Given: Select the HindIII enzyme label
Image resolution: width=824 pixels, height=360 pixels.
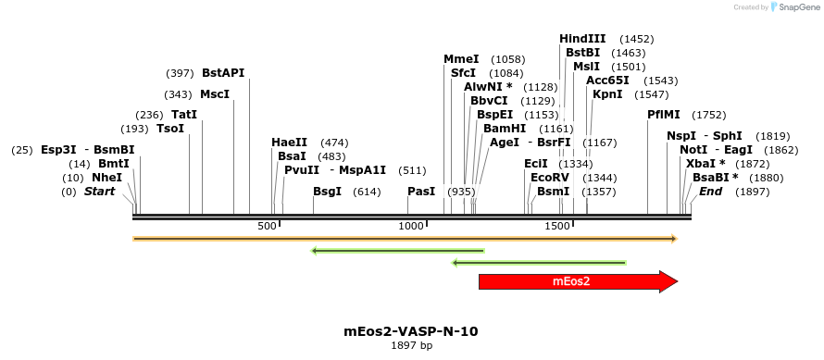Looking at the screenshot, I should click(x=582, y=39).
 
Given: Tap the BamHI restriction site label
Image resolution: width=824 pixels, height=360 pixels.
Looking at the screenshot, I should click(x=504, y=129).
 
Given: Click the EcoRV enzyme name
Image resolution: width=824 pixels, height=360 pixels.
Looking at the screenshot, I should click(x=549, y=177).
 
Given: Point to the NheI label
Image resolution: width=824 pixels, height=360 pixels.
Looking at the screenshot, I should click(x=106, y=178).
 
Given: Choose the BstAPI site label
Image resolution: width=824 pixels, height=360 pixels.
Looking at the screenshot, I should click(x=223, y=73).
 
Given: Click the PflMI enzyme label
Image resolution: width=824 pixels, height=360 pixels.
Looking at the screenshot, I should click(x=664, y=115).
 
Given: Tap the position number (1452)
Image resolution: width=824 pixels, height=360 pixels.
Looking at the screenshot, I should click(x=637, y=39).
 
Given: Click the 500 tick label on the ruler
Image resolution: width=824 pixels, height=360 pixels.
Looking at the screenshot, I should click(x=267, y=227).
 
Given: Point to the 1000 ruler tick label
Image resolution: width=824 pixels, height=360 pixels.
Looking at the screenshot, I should click(x=410, y=227).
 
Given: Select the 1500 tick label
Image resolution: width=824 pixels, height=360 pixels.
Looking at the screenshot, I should click(x=557, y=227).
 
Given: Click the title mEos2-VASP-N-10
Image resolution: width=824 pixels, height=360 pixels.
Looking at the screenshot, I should click(x=411, y=330).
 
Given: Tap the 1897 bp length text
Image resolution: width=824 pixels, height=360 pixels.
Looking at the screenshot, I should click(x=411, y=346).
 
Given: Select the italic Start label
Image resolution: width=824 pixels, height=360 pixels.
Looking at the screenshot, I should click(x=100, y=192).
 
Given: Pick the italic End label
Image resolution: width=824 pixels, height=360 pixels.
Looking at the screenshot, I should click(x=710, y=192).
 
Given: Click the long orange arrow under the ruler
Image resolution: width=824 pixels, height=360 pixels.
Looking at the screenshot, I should click(x=405, y=239).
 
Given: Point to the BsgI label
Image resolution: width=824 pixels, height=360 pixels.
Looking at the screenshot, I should click(x=327, y=192).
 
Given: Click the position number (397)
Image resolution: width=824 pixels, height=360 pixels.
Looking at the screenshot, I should click(x=180, y=73).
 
